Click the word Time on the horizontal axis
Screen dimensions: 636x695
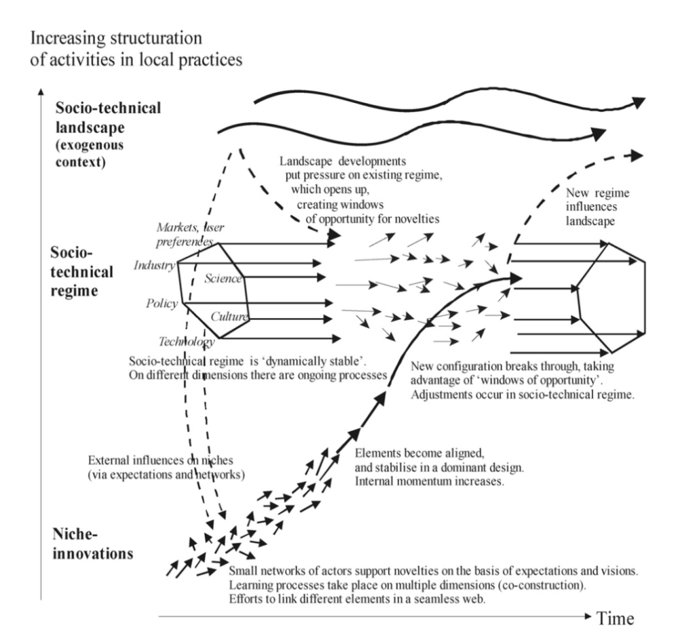tap(616, 618)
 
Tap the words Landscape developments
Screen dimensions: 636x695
tap(343, 161)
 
